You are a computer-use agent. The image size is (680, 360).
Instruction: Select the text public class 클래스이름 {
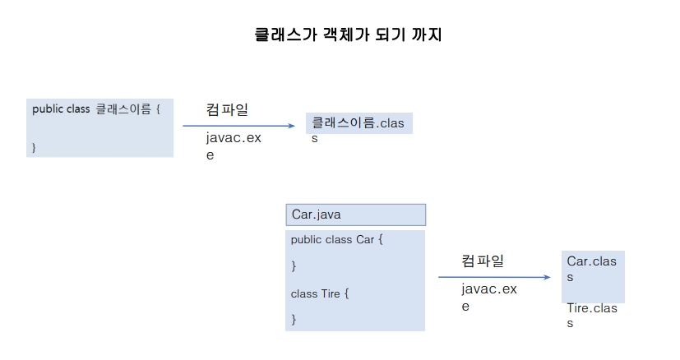[x=96, y=108]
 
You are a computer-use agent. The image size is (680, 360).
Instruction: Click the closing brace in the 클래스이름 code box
[x=35, y=147]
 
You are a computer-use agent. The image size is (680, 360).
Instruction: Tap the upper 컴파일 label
[x=227, y=108]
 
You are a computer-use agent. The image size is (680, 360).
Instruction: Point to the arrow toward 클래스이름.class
[x=238, y=126]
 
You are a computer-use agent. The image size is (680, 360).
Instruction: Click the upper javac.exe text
[x=233, y=145]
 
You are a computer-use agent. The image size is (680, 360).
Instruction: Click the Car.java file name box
[x=355, y=215]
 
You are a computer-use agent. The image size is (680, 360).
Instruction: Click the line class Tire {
[x=320, y=293]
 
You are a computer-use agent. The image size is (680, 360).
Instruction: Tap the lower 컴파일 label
[x=483, y=261]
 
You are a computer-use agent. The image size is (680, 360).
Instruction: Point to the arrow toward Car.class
[x=494, y=278]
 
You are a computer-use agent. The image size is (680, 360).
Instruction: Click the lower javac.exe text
[x=488, y=297]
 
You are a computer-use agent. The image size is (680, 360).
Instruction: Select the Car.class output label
[x=592, y=269]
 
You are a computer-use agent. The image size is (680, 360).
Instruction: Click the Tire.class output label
[x=592, y=316]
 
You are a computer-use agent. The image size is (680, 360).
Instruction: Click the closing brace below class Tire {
[x=294, y=318]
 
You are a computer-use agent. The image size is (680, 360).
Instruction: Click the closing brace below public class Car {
[x=294, y=265]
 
